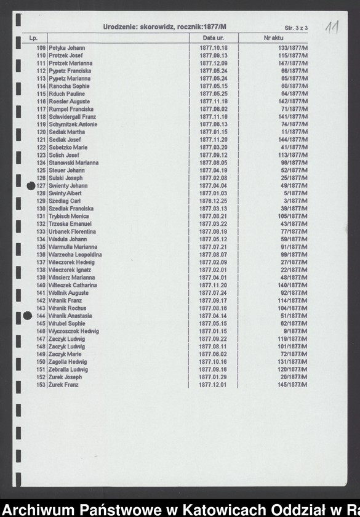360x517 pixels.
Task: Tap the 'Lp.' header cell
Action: pos(33,38)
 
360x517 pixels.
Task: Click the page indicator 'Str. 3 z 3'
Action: pos(296,28)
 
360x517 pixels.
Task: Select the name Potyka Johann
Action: pos(67,48)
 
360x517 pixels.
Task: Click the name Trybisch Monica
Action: pos(69,217)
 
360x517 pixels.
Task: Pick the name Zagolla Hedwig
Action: pos(68,362)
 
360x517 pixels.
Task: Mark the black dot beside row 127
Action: pos(31,186)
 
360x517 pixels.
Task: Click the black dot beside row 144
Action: pos(27,316)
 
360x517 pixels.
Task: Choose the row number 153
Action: pos(41,385)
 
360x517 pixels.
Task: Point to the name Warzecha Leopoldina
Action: pos(75,255)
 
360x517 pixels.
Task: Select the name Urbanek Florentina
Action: pos(72,232)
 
